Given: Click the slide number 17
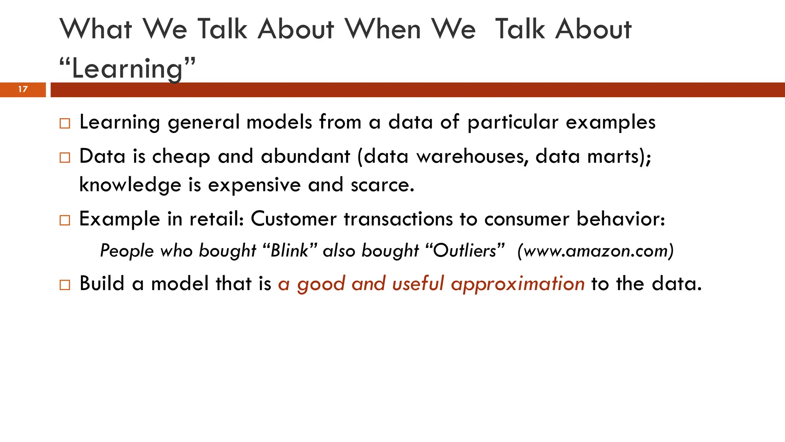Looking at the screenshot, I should click(x=23, y=89).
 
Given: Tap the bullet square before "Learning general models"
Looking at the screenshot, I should click(x=65, y=124).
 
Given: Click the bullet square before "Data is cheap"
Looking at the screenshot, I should click(x=65, y=158).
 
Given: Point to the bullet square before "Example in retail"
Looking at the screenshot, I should click(x=65, y=220).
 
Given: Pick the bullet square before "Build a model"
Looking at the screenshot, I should click(x=65, y=285).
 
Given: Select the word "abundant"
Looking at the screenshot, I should click(x=305, y=157).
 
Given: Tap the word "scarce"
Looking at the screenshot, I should click(x=382, y=185).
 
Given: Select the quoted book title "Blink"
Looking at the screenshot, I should click(x=290, y=251).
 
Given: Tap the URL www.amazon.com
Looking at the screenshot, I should click(x=595, y=251).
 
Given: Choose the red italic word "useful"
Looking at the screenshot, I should click(x=418, y=284).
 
